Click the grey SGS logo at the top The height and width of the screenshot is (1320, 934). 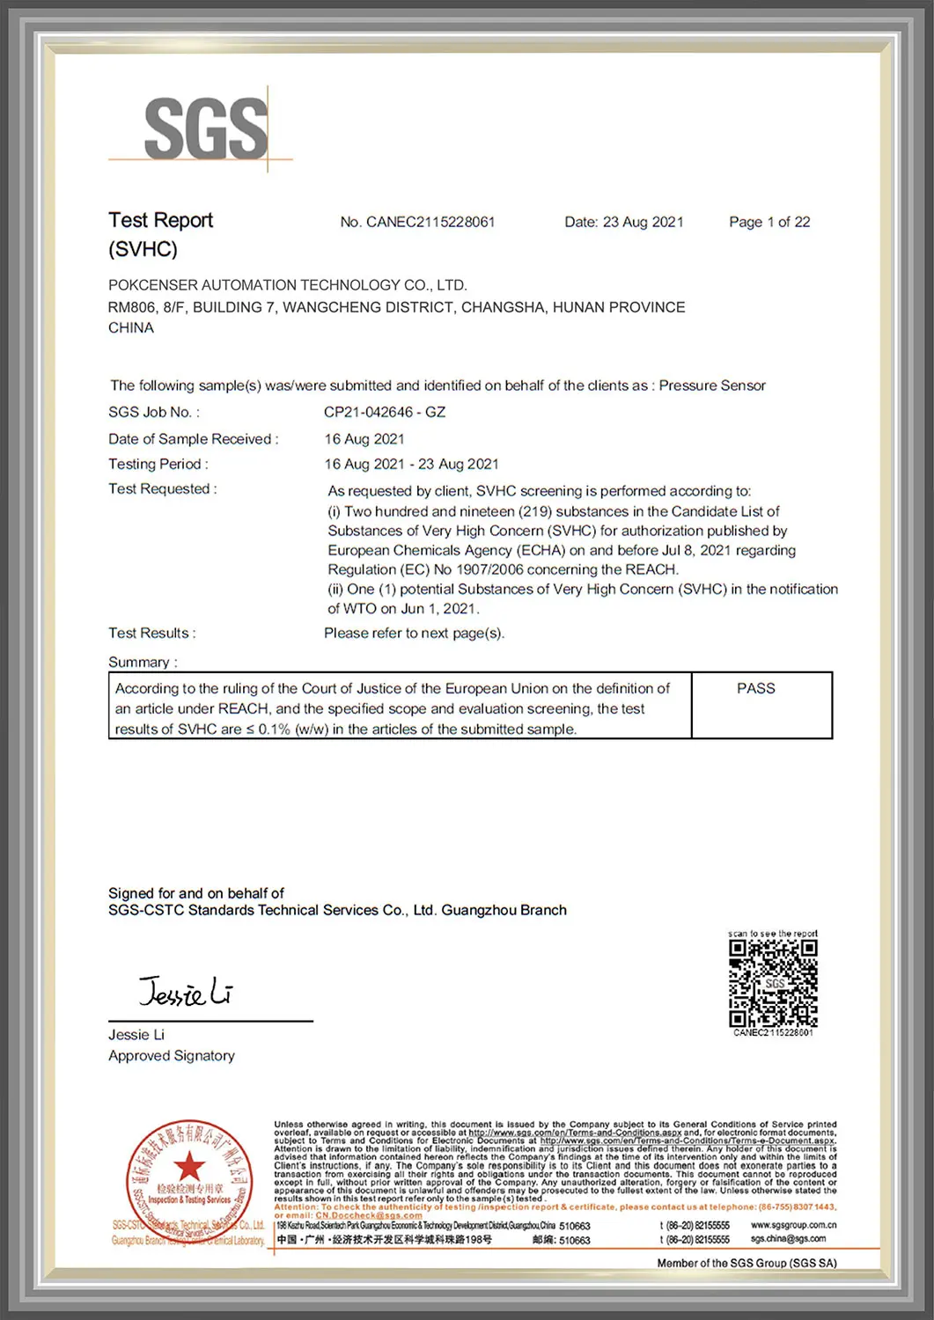(205, 128)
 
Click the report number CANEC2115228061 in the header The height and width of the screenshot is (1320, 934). (430, 222)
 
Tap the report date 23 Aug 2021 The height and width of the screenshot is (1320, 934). (643, 222)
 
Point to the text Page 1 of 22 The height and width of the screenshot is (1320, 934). (769, 222)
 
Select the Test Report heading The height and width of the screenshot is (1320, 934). (160, 220)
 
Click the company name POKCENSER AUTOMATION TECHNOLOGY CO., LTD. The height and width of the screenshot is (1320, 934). (287, 285)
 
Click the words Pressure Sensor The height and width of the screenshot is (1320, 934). (712, 385)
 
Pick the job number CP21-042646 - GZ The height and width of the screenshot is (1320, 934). (385, 412)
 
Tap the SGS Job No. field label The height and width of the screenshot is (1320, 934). (153, 412)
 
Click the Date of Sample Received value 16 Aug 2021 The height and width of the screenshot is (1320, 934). (364, 439)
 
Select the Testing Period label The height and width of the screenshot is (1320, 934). (158, 464)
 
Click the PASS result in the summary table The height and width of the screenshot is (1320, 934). (755, 688)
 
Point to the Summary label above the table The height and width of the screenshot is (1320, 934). (142, 662)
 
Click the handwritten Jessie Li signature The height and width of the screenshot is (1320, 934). (186, 992)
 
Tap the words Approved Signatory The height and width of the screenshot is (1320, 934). (172, 1055)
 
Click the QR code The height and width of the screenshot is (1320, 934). (773, 983)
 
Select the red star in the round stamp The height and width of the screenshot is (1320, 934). (188, 1167)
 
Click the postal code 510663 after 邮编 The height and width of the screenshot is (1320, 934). (575, 1241)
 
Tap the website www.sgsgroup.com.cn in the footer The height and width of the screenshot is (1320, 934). (793, 1225)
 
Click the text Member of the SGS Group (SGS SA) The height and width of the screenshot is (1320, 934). (746, 1263)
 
